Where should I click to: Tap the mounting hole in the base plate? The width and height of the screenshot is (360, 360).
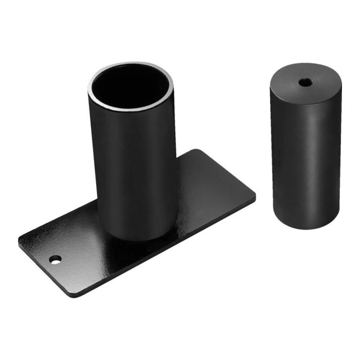pyautogui.click(x=55, y=259)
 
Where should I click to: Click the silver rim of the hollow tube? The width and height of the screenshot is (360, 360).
pyautogui.click(x=93, y=82)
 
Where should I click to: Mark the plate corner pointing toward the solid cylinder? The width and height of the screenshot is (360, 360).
pyautogui.click(x=255, y=196)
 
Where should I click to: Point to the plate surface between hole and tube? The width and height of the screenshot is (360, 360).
pyautogui.click(x=82, y=242)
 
